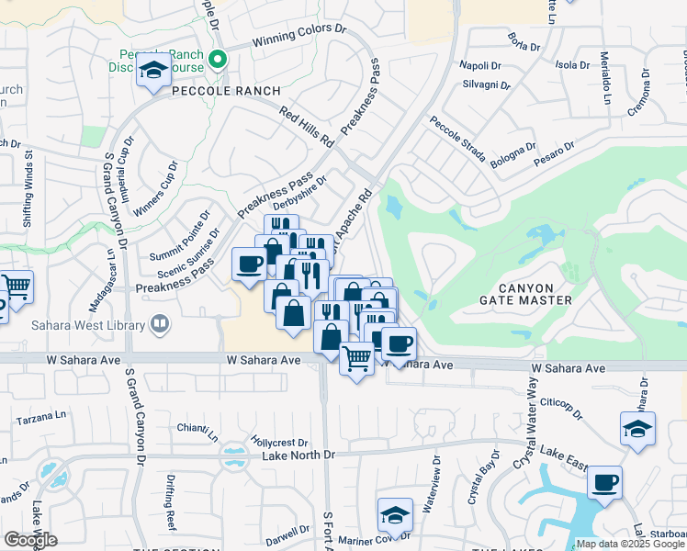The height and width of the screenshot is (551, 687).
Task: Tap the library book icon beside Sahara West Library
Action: click(161, 323)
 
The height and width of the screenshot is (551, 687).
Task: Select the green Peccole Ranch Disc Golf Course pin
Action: click(218, 62)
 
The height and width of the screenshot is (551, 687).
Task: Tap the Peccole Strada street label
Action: click(456, 140)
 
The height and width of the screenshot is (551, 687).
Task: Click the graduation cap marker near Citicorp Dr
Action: click(637, 428)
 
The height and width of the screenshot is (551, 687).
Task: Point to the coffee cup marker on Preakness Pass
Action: click(250, 264)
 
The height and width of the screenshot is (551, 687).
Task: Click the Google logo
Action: click(30, 540)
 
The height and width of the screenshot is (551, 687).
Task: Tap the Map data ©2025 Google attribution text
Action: click(629, 545)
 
